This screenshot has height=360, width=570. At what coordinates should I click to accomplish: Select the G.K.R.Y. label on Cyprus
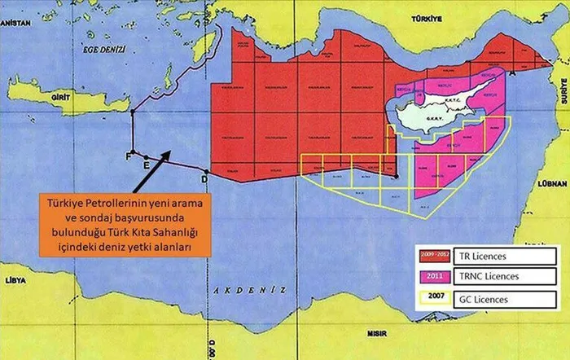(x=433, y=119)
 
